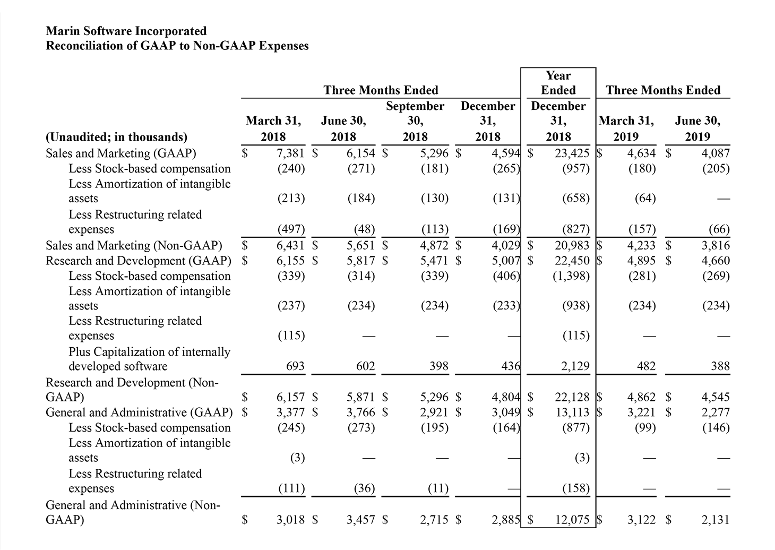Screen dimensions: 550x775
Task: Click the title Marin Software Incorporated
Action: pyautogui.click(x=126, y=31)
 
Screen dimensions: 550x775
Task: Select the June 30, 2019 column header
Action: pyautogui.click(x=697, y=128)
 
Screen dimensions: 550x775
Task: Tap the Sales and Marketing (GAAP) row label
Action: pyautogui.click(x=121, y=153)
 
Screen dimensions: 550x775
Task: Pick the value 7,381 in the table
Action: pyautogui.click(x=291, y=153)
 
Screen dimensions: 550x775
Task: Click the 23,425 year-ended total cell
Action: pyautogui.click(x=572, y=153)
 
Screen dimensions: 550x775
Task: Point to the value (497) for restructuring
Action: pyautogui.click(x=291, y=229)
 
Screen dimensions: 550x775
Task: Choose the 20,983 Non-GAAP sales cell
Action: pyautogui.click(x=572, y=245)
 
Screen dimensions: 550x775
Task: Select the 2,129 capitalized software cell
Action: pyautogui.click(x=575, y=366)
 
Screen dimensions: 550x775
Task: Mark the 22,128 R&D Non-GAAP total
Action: pyautogui.click(x=572, y=397)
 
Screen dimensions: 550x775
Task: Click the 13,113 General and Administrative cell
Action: pyautogui.click(x=572, y=413)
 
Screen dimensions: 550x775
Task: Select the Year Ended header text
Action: pyautogui.click(x=558, y=83)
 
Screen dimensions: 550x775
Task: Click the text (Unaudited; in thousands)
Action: pyautogui.click(x=117, y=137)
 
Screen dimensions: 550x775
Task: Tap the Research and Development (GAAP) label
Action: pyautogui.click(x=138, y=261)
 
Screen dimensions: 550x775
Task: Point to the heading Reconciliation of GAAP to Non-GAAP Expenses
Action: pyautogui.click(x=177, y=46)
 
